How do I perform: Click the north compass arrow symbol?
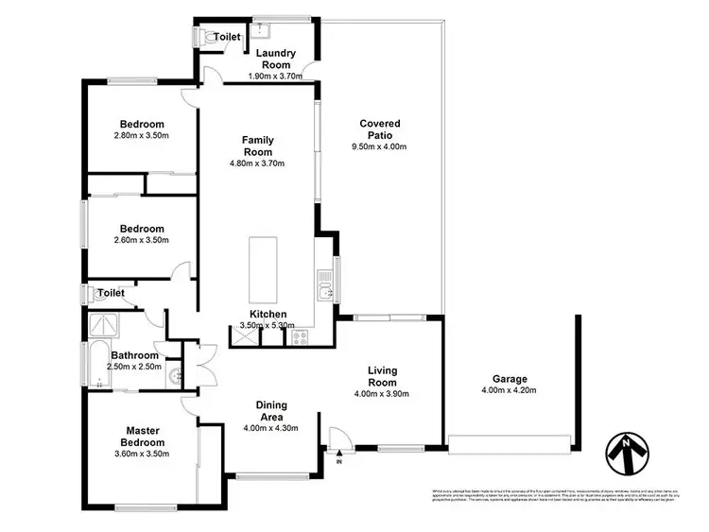pyautogui.click(x=624, y=454)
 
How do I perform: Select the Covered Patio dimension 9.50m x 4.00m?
pyautogui.click(x=379, y=147)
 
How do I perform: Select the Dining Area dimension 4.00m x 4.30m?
pyautogui.click(x=271, y=428)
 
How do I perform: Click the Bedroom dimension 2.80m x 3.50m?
pyautogui.click(x=142, y=136)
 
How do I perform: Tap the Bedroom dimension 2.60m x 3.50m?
pyautogui.click(x=142, y=240)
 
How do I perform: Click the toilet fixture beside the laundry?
pyautogui.click(x=204, y=36)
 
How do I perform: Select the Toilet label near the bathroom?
pyautogui.click(x=112, y=294)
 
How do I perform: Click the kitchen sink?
pyautogui.click(x=324, y=283)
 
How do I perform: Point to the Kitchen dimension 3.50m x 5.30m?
pyautogui.click(x=268, y=326)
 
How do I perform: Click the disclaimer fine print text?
pyautogui.click(x=547, y=501)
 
